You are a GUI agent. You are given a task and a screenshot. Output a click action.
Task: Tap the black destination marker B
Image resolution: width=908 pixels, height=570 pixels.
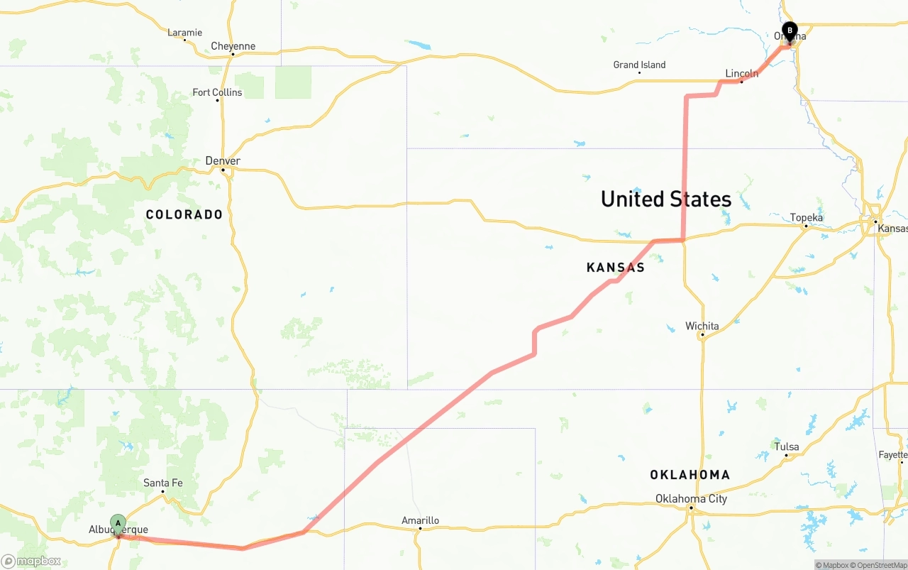790,31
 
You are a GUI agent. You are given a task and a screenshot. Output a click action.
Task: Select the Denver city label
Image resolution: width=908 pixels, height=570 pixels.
223,161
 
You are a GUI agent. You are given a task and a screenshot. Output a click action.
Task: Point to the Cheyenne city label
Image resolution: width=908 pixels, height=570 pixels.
233,47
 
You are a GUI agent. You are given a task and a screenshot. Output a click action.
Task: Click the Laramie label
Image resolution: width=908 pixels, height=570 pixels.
184,33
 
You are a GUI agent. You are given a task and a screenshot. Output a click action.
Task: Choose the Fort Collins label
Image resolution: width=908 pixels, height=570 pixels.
217,93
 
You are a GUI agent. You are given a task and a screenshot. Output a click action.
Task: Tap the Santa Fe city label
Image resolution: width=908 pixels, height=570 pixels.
162,483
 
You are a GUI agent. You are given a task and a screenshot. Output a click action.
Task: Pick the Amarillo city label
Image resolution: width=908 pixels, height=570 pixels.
420,521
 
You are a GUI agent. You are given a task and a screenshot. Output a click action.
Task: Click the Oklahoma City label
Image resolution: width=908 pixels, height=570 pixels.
691,499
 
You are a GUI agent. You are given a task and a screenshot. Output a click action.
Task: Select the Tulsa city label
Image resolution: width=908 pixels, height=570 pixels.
786,447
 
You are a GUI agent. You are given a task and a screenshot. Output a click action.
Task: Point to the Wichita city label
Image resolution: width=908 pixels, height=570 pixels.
702,327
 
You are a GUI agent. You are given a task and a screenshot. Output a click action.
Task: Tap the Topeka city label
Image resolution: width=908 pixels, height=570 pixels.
807,218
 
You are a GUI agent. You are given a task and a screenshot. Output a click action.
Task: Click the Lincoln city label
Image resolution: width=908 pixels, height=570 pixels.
741,74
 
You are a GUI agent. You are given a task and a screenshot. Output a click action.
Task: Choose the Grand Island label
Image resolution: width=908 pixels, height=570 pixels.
639,65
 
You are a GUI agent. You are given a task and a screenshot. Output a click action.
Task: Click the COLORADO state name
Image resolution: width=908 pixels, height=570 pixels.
184,214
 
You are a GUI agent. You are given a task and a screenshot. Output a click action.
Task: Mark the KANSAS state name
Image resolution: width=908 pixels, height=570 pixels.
616,268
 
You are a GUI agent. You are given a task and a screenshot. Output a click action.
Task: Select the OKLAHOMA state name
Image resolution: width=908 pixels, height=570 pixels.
690,475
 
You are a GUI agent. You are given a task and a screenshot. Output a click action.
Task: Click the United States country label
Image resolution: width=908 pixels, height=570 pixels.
665,199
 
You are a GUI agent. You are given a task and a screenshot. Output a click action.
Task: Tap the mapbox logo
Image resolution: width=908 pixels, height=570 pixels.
31,561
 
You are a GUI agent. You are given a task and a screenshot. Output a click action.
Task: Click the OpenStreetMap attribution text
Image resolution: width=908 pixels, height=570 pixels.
880,565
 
